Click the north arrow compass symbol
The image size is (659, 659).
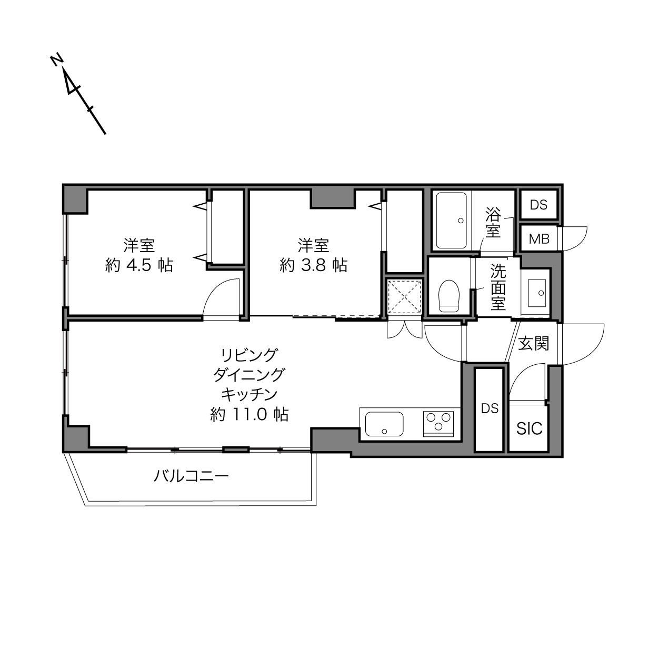pyautogui.click(x=78, y=94)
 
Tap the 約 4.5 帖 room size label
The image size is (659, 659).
pyautogui.click(x=139, y=265)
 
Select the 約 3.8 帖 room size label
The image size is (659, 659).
pyautogui.click(x=314, y=265)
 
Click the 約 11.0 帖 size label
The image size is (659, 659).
pyautogui.click(x=249, y=414)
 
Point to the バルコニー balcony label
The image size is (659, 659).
pyautogui.click(x=191, y=476)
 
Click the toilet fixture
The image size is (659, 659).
pyautogui.click(x=448, y=296)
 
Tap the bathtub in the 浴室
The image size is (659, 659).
pyautogui.click(x=452, y=221)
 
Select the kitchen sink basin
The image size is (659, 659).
pyautogui.click(x=384, y=424)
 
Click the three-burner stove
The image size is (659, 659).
pyautogui.click(x=438, y=424)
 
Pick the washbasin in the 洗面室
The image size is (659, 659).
pyautogui.click(x=537, y=293)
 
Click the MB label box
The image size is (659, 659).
pyautogui.click(x=540, y=239)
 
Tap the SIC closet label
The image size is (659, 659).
pyautogui.click(x=530, y=428)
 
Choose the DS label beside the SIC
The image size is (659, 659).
pyautogui.click(x=490, y=408)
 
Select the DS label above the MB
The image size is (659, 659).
pyautogui.click(x=538, y=205)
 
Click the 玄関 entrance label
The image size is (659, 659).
pyautogui.click(x=534, y=343)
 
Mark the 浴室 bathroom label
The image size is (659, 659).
pyautogui.click(x=493, y=222)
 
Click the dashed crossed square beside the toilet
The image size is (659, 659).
pyautogui.click(x=405, y=296)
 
